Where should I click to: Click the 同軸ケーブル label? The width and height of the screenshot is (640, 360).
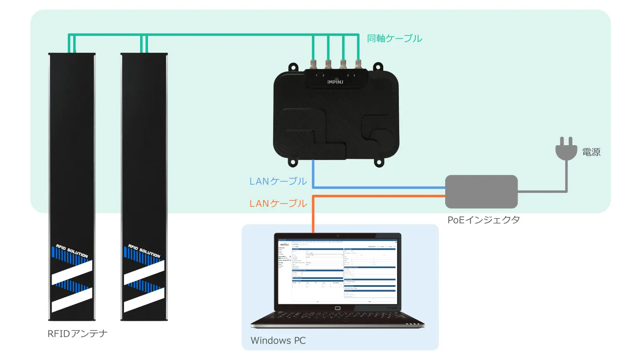(394, 38)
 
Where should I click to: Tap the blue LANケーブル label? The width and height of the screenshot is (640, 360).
(278, 181)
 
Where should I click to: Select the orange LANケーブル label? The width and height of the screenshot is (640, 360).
(278, 204)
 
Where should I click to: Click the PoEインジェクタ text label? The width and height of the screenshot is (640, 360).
(484, 220)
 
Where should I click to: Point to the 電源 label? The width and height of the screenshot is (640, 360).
(591, 152)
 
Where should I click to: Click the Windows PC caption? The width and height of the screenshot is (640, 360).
(278, 340)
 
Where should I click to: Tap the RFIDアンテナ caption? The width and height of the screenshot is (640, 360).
(78, 334)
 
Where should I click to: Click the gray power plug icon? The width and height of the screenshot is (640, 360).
(566, 149)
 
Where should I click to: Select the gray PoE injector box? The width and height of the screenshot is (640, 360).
(481, 192)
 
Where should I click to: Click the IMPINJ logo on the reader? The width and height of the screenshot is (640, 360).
(335, 82)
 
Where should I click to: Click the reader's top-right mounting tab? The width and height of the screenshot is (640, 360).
(378, 67)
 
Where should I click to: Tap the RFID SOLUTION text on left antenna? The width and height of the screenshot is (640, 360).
(72, 251)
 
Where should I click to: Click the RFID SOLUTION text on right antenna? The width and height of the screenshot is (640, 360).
(144, 251)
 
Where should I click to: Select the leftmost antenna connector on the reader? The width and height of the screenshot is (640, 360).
(313, 64)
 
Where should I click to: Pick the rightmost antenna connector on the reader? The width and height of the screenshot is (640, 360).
(358, 64)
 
